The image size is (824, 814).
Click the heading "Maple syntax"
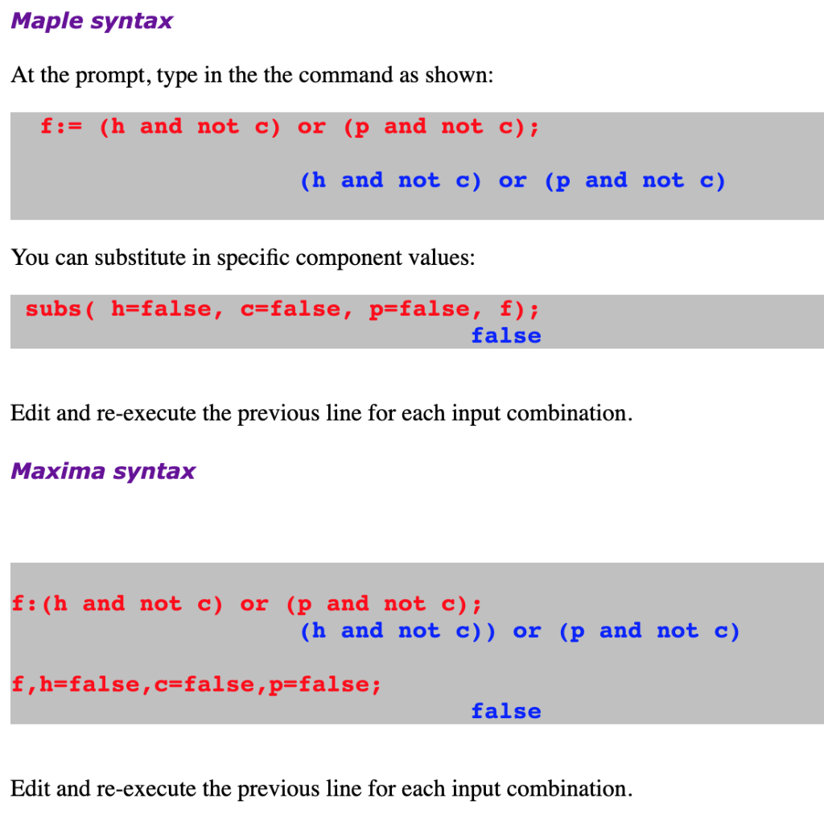coord(92,22)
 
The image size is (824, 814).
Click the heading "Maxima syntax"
coord(103,471)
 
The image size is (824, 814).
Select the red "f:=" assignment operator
coord(61,126)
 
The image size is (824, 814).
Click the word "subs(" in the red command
coord(60,308)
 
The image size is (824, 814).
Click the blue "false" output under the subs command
coord(506,336)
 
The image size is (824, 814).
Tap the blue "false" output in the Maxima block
coord(506,711)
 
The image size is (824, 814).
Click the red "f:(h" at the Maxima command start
coord(39,604)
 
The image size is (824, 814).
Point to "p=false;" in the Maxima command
coord(325,684)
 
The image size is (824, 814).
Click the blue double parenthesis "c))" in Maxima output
coord(475,631)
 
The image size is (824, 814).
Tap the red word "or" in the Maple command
coord(311,126)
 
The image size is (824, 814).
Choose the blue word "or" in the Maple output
coord(513,181)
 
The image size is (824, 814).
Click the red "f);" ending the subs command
coord(519,308)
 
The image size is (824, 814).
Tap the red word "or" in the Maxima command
coord(254,604)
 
